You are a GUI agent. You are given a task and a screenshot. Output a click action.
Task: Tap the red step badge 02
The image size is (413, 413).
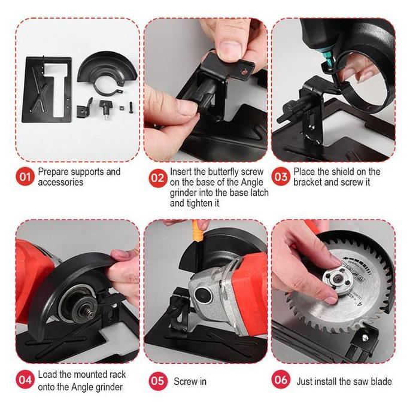[x=157, y=177]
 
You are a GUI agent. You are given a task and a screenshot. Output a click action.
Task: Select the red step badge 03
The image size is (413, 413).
[x=281, y=177]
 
